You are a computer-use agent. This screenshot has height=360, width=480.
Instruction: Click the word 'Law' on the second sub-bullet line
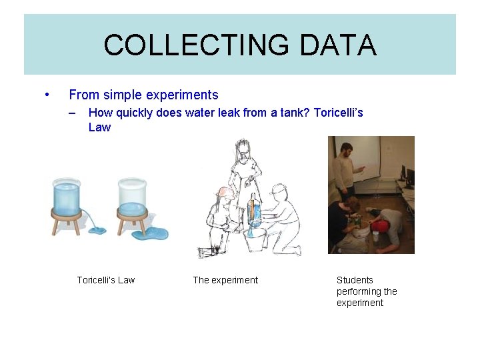(x=99, y=127)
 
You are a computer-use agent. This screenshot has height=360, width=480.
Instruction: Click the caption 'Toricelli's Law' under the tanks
(x=105, y=280)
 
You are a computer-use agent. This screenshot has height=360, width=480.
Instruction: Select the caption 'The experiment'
(x=225, y=280)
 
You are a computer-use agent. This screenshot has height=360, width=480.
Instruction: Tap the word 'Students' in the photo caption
(x=355, y=280)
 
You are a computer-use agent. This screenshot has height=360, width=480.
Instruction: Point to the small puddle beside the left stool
(x=97, y=231)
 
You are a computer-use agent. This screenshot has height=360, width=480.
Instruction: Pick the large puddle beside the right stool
(x=153, y=233)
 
